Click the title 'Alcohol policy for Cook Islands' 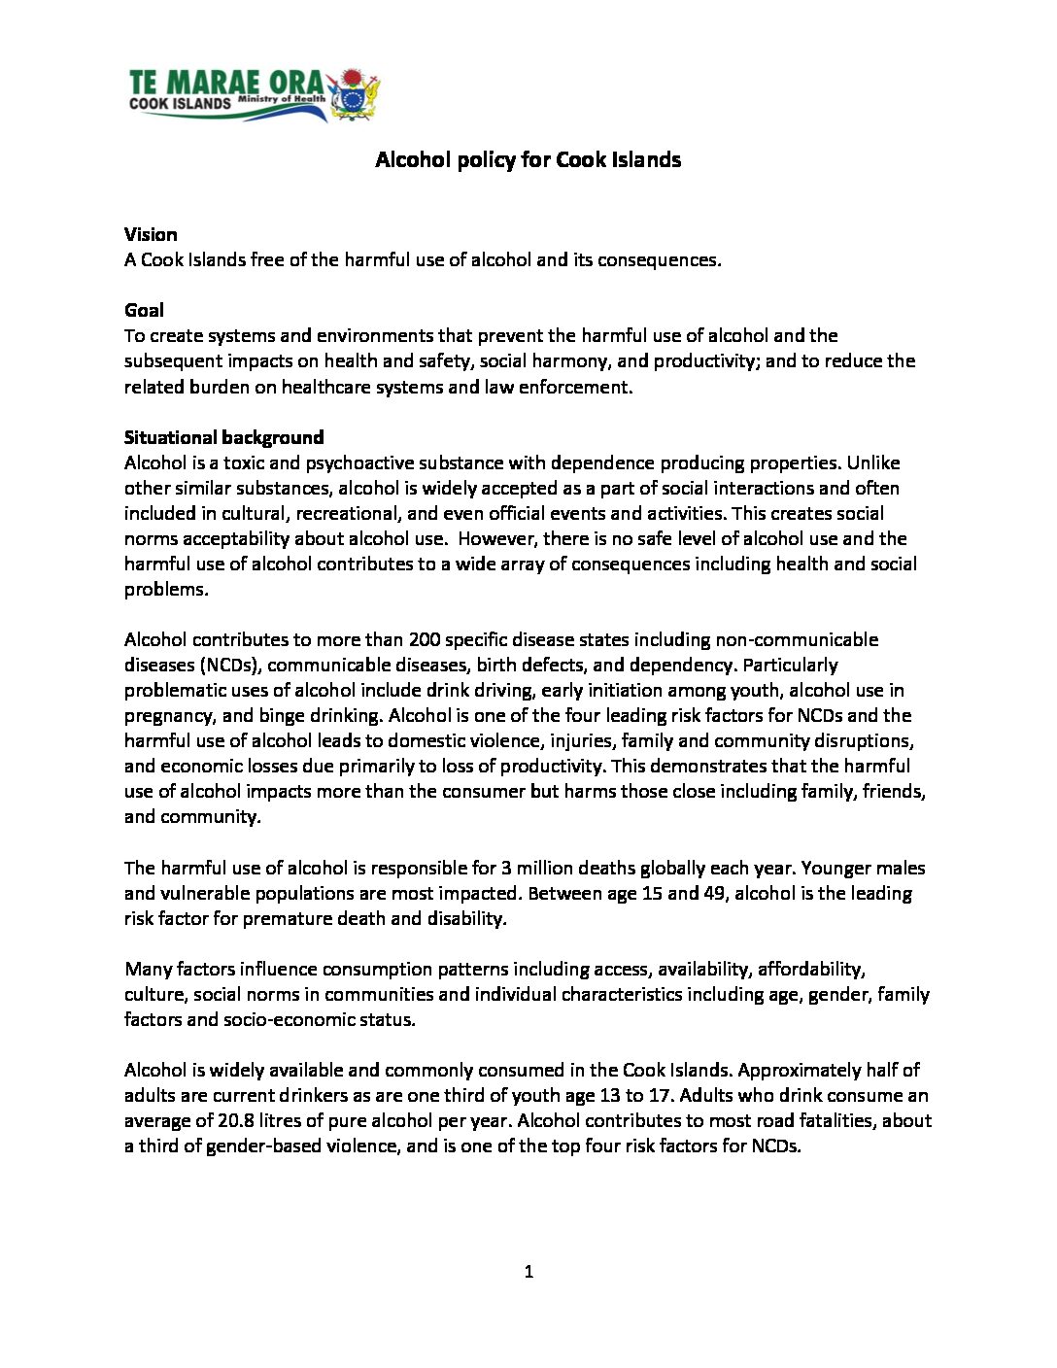pos(528,160)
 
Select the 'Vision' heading pos(151,234)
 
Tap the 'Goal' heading pos(144,310)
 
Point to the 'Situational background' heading pos(223,437)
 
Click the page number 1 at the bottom pos(528,1272)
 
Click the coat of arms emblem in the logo pos(357,95)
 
